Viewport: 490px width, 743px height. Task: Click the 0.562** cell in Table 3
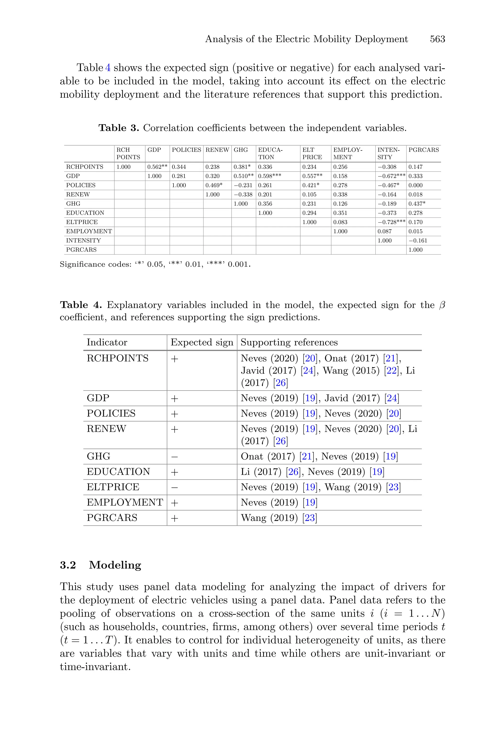click(157, 167)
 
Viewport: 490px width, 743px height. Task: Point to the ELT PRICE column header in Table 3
click(312, 153)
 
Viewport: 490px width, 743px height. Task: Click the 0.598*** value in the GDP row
click(269, 176)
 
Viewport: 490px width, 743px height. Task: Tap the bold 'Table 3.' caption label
click(119, 128)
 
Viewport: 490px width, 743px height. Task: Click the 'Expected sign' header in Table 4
click(202, 342)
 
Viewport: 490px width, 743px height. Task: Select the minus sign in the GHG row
click(174, 457)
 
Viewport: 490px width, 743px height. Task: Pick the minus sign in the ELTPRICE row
click(174, 487)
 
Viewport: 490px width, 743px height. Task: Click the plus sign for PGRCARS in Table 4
click(174, 518)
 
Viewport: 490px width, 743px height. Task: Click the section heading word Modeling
click(115, 565)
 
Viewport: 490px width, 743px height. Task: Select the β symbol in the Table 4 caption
click(442, 305)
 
